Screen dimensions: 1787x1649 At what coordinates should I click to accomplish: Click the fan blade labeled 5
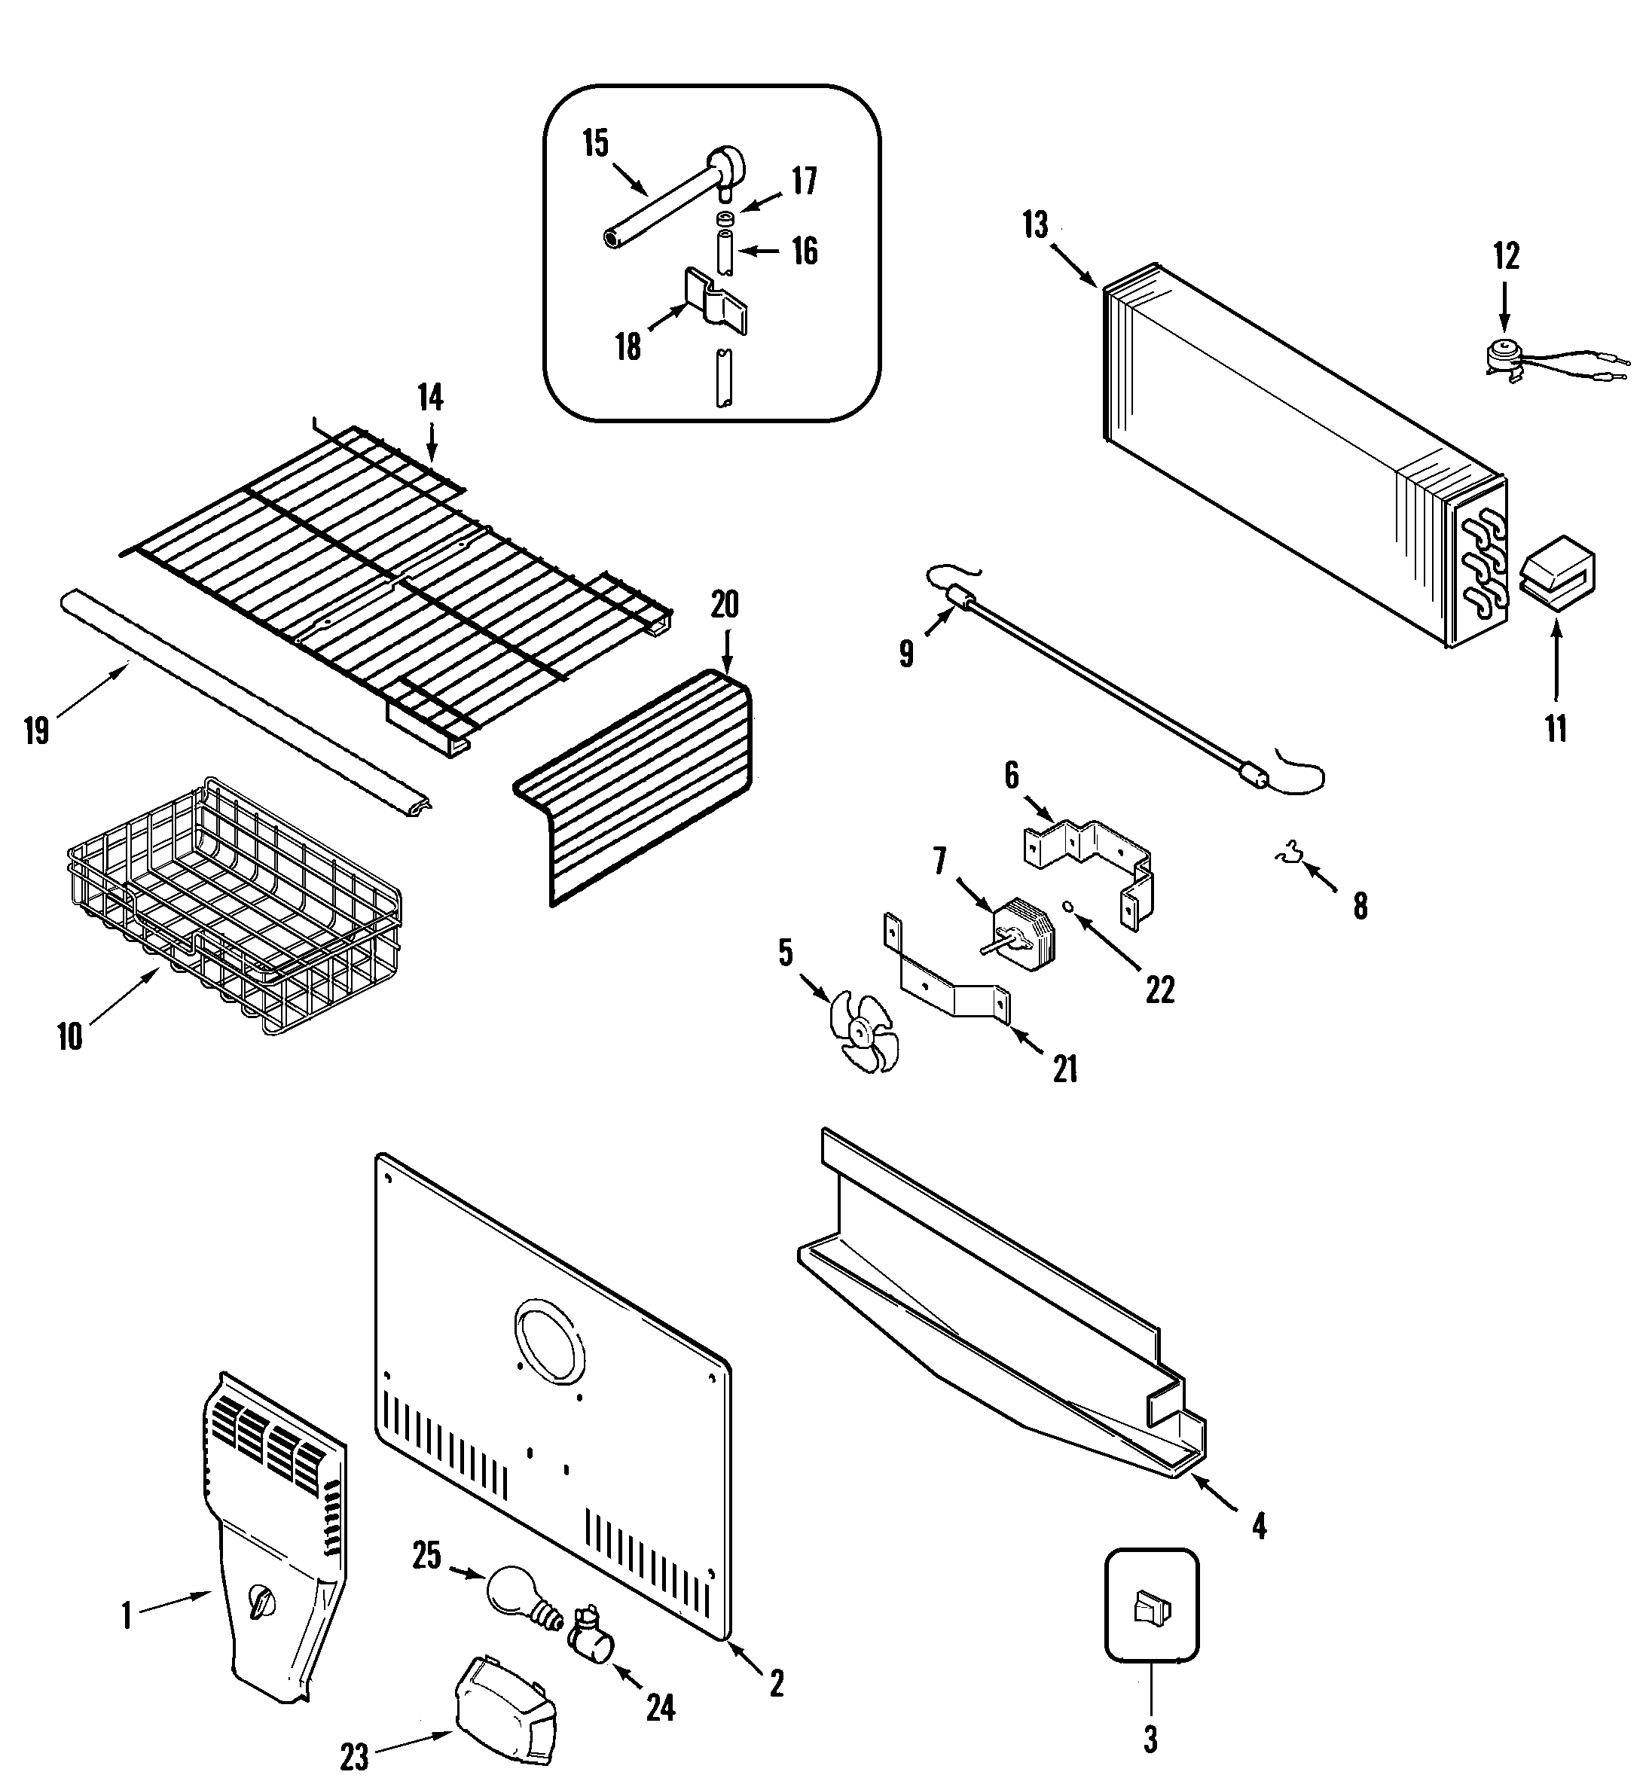click(862, 1032)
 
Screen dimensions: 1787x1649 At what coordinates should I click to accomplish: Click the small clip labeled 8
click(1287, 854)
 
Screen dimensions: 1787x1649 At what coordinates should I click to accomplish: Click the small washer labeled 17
click(725, 218)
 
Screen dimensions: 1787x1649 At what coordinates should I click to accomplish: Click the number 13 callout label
click(1035, 225)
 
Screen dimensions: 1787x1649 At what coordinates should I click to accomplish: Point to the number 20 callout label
click(725, 604)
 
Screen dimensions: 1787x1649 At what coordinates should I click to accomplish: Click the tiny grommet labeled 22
click(1067, 907)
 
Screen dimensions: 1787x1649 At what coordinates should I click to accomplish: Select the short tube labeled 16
click(725, 252)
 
